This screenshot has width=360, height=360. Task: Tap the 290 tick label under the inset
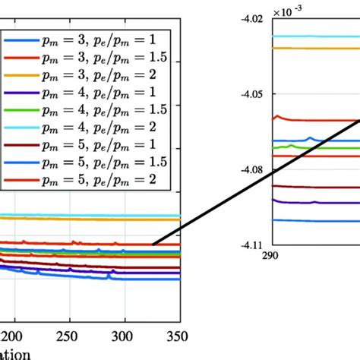270,256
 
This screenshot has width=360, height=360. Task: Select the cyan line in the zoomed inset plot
311,36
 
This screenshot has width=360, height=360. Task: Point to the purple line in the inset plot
311,202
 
